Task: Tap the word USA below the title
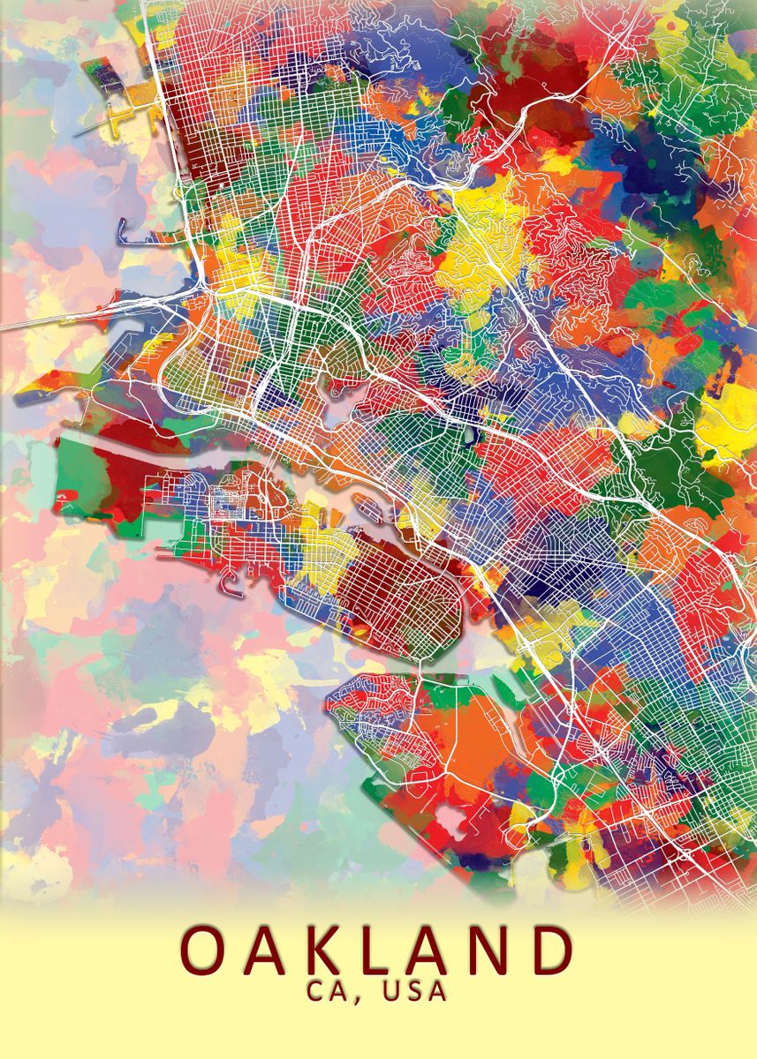point(415,991)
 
